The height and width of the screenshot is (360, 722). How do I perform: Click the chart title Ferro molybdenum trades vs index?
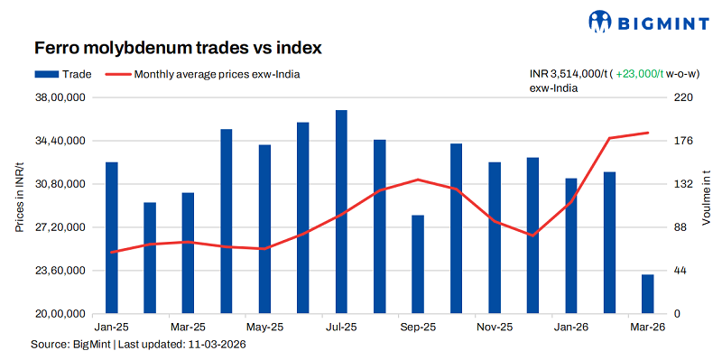[x=178, y=46]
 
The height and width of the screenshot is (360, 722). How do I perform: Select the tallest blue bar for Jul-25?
[x=341, y=212]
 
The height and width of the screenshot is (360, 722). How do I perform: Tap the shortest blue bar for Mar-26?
[x=648, y=294]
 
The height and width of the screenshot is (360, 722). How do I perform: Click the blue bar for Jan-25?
[x=112, y=238]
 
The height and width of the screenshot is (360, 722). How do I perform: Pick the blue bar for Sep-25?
[x=418, y=264]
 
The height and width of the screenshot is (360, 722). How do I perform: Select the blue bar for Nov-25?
[x=495, y=238]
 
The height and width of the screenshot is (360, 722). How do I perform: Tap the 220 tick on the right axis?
[x=684, y=97]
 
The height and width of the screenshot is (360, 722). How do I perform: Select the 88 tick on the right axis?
[x=682, y=227]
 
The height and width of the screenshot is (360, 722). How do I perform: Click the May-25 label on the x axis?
[x=264, y=327]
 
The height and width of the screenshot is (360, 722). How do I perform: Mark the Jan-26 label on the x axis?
[x=571, y=327]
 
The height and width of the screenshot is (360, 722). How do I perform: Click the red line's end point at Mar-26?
[x=648, y=133]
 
